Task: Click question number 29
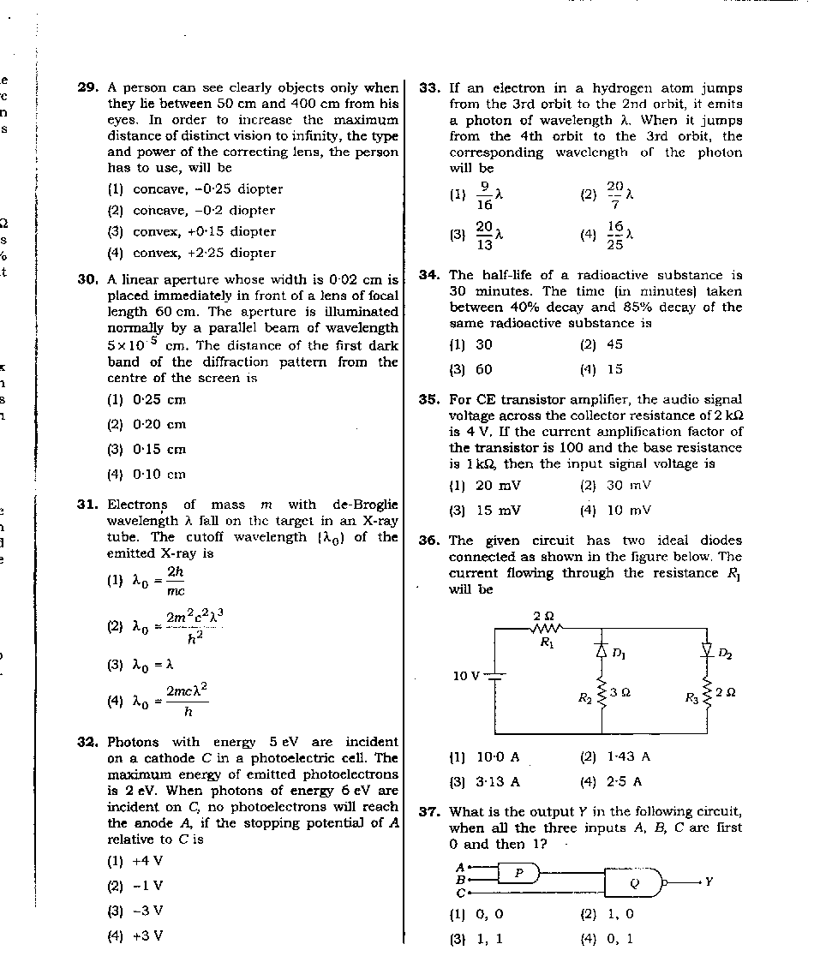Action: [x=87, y=87]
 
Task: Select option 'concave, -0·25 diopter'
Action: [x=207, y=189]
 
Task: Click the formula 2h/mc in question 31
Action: [x=175, y=580]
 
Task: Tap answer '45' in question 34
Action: [x=613, y=344]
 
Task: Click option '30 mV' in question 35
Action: [x=628, y=485]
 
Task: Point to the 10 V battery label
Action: [x=466, y=676]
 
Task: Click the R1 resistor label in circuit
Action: [x=546, y=644]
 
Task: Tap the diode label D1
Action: [x=617, y=653]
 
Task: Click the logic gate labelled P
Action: [x=518, y=872]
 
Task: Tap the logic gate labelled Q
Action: [x=634, y=881]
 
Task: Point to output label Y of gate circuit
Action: [x=709, y=881]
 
